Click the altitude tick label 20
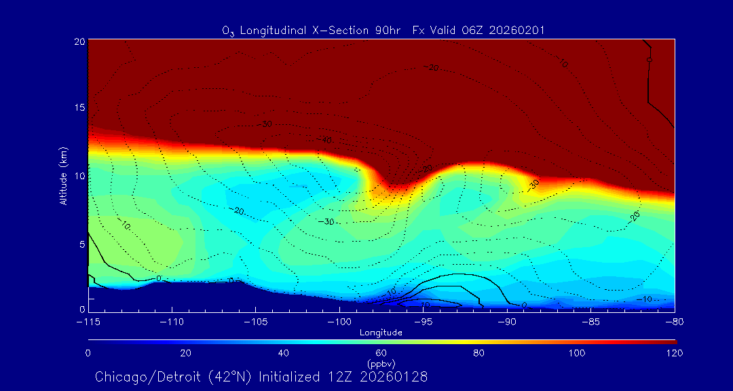tap(79, 41)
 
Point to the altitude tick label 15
tap(79, 108)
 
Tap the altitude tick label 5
tap(81, 243)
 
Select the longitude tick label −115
tap(88, 321)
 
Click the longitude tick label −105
tap(255, 321)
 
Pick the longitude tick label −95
tap(423, 321)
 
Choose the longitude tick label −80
tap(673, 321)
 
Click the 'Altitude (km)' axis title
tap(64, 175)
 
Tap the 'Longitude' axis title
tap(381, 333)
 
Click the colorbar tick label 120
tap(674, 353)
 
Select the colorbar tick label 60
tap(381, 353)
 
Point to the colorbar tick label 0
tap(88, 353)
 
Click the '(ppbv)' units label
tap(381, 363)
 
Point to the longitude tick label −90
tap(506, 321)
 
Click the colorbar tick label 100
tap(576, 353)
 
